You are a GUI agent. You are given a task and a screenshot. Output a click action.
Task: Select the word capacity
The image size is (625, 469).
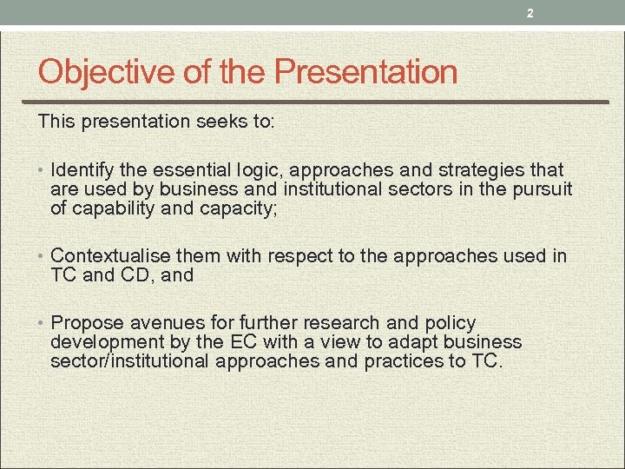click(239, 208)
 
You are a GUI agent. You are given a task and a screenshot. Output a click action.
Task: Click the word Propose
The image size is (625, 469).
click(88, 323)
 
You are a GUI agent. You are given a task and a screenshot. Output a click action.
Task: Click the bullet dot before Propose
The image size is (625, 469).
click(42, 324)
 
